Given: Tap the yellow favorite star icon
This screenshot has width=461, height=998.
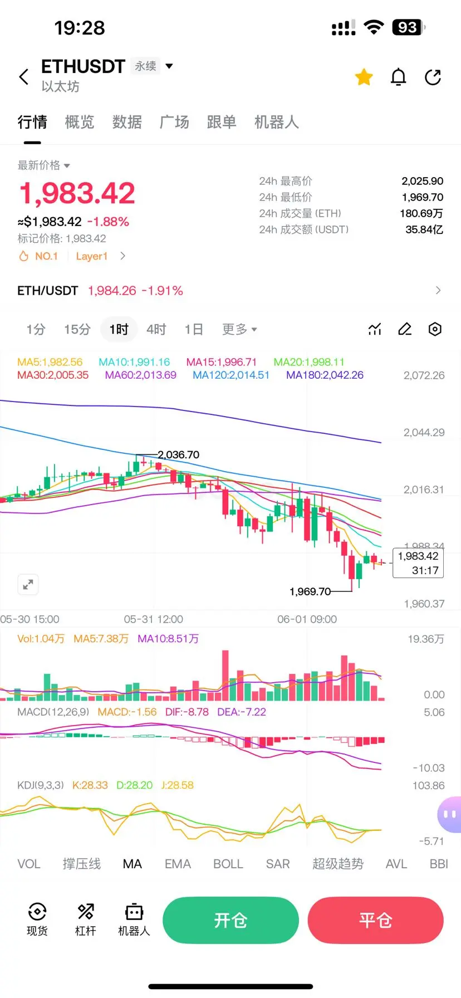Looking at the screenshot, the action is (364, 77).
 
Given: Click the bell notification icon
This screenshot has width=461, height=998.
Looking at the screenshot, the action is (399, 77).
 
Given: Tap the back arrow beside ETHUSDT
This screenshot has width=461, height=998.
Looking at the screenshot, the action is (24, 77).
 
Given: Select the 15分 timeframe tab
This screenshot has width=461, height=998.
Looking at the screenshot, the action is (77, 330).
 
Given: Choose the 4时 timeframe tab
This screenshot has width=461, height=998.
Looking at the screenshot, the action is (156, 330).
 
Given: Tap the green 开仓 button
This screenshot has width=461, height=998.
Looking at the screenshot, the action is (230, 920).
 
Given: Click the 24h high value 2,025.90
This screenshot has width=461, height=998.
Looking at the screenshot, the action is (423, 181).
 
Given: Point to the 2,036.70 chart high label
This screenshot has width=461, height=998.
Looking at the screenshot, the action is (178, 455).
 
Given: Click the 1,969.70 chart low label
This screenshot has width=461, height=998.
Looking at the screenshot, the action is (310, 591).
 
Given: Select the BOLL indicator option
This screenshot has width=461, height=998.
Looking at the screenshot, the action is (228, 864).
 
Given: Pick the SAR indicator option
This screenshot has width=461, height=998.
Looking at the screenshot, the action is (278, 864).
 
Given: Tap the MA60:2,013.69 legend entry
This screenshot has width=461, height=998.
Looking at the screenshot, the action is (141, 375).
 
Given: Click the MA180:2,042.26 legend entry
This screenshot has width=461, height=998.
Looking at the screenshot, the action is (325, 375).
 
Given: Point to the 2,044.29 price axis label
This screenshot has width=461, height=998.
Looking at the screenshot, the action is (424, 432).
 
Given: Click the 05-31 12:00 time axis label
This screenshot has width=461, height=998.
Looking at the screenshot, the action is (154, 619).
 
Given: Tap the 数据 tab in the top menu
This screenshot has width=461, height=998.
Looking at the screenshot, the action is (127, 122).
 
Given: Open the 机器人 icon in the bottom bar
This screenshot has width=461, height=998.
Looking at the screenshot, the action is (134, 919).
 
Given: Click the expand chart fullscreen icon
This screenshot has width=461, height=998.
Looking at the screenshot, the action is (28, 585).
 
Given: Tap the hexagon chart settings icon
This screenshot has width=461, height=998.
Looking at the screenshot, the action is (435, 329).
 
